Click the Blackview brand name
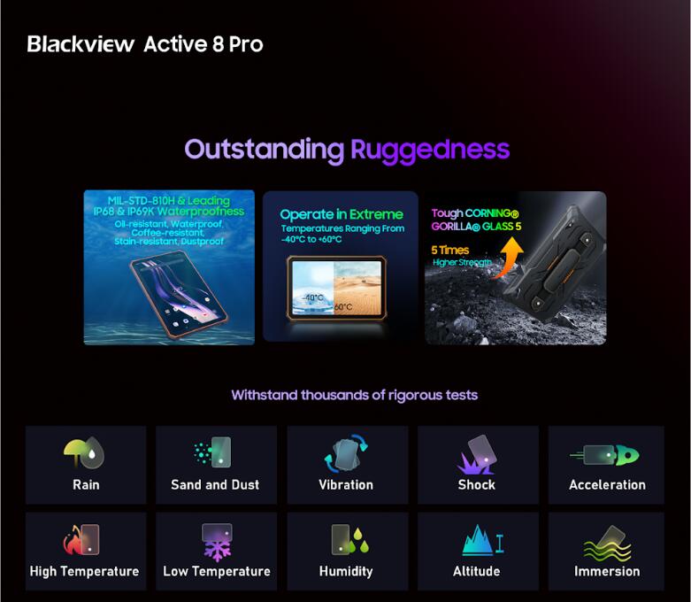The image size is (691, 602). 81,43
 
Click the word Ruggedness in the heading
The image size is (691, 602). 430,149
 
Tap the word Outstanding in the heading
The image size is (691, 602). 264,149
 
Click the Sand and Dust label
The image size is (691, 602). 215,484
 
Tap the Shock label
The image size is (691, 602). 476,484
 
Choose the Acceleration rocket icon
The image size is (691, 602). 607,455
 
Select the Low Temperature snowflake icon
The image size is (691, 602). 215,541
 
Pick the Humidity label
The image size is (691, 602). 346,571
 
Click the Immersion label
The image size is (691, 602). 607,571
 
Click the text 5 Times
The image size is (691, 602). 450,250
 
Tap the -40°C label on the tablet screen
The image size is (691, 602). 311,297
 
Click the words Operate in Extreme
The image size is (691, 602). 341,214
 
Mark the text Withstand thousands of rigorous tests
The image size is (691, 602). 354,395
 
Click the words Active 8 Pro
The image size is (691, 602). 203,43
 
